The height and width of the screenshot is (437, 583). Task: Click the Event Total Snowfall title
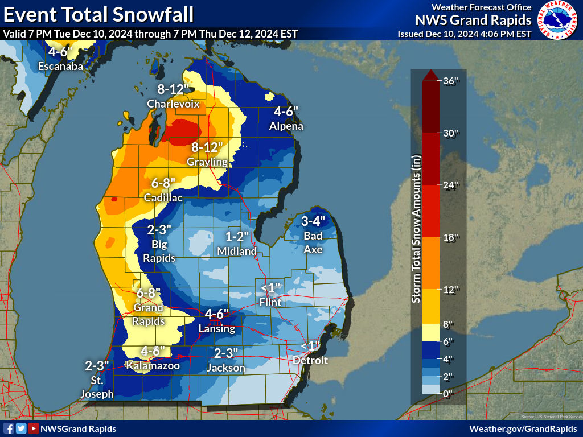click(98, 14)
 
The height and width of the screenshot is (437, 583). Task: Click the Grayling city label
click(207, 162)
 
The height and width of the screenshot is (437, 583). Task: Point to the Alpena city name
click(286, 126)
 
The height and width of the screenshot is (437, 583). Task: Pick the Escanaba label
click(60, 67)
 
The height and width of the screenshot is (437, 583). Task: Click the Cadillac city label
click(163, 198)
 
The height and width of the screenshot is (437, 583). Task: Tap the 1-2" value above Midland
click(237, 236)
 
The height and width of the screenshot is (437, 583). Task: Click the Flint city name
click(270, 302)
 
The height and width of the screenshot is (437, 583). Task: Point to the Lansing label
click(216, 328)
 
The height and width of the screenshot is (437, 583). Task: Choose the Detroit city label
click(310, 360)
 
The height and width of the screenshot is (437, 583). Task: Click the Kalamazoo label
click(153, 365)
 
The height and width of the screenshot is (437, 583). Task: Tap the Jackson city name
click(226, 368)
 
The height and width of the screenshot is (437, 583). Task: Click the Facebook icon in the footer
click(9, 428)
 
